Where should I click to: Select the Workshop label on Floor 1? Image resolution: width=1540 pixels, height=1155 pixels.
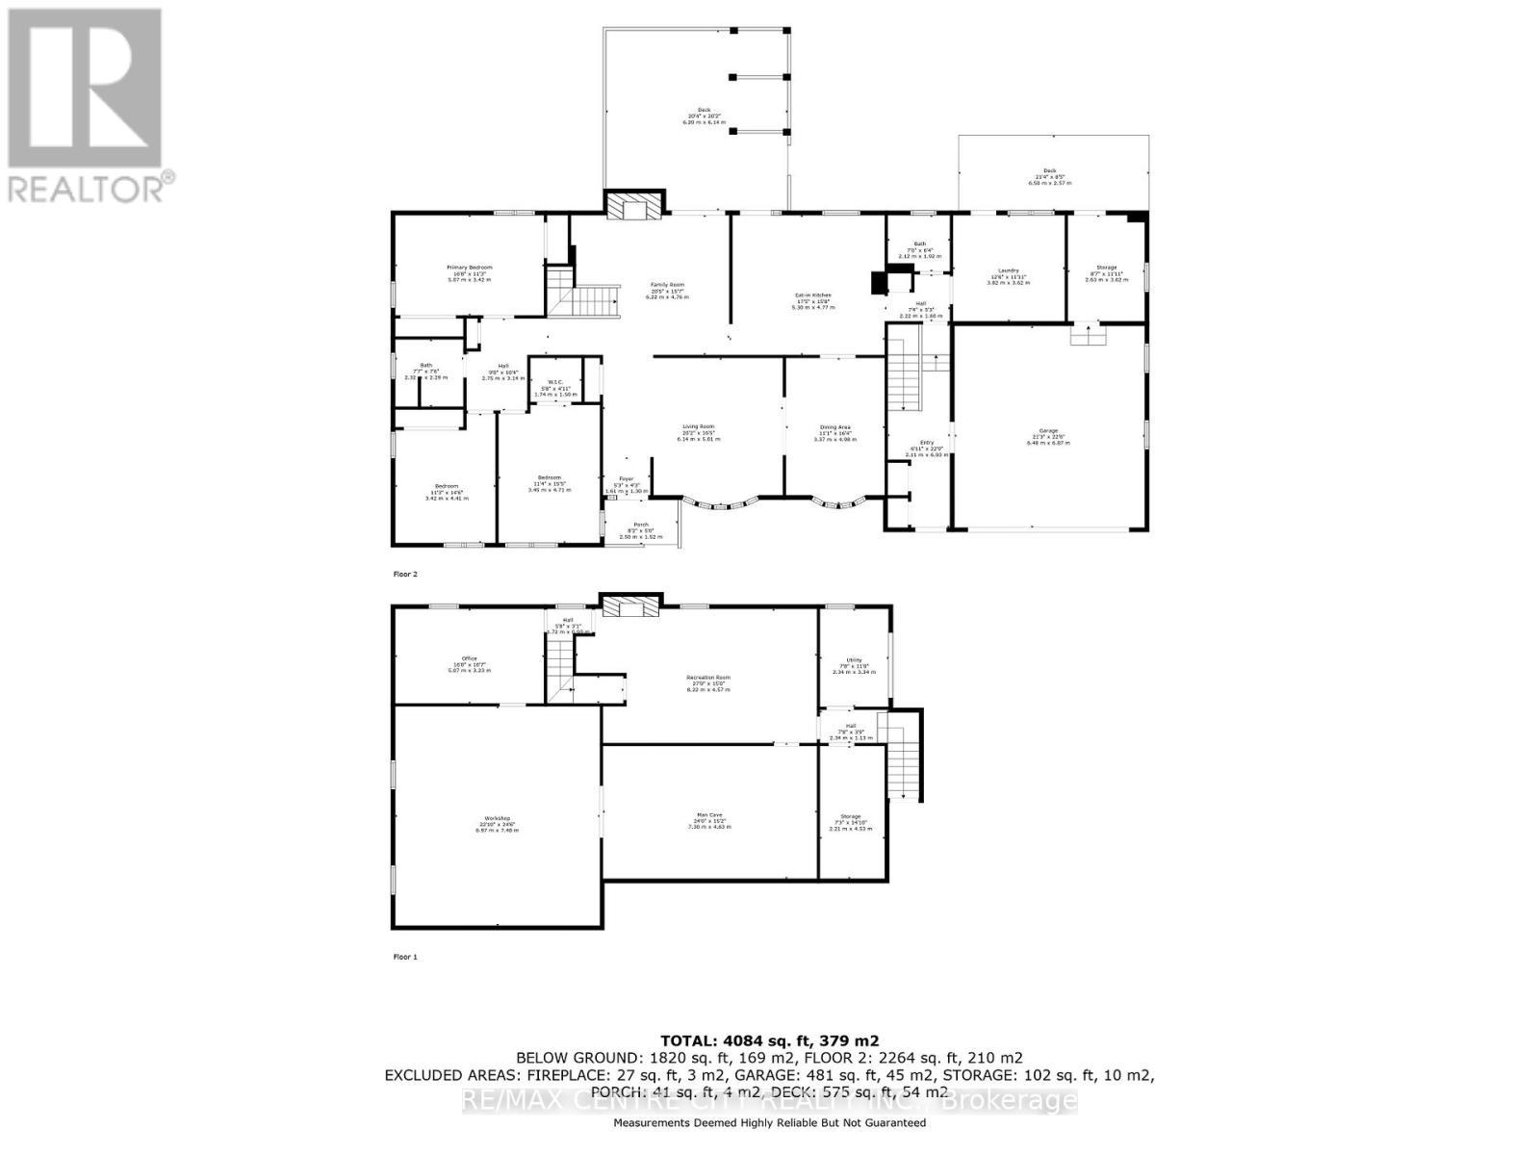pos(496,823)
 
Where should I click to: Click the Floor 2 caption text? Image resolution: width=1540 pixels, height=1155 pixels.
pos(405,574)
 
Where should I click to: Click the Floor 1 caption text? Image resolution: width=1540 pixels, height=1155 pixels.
pos(405,957)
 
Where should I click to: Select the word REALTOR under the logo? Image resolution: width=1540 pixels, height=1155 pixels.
pos(87,187)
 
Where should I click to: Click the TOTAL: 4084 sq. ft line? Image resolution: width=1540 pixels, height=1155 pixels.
pos(769,1040)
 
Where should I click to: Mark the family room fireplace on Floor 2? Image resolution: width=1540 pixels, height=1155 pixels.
pos(633,206)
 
